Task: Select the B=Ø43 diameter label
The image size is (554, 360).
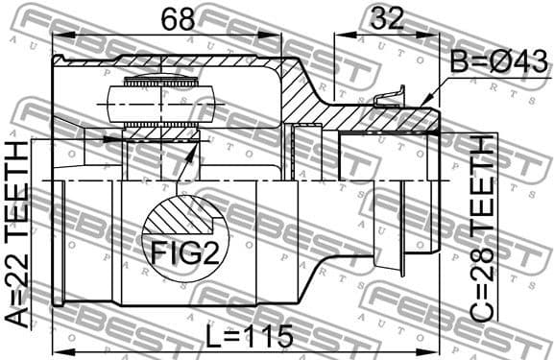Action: (496, 65)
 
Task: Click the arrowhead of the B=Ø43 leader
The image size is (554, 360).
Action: (423, 101)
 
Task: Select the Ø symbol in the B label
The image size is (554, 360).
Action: (500, 65)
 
